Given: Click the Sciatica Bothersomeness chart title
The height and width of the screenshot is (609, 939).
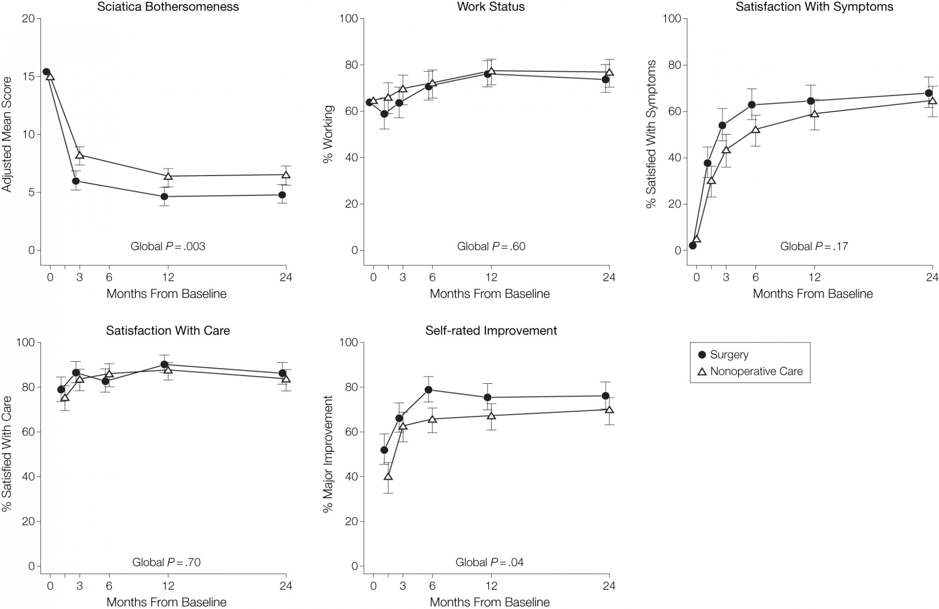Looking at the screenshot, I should [x=168, y=7].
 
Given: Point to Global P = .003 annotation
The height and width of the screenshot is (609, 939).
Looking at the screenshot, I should [x=168, y=246].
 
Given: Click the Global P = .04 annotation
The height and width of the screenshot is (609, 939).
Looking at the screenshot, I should [x=489, y=562].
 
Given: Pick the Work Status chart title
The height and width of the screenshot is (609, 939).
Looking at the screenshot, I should [x=491, y=7].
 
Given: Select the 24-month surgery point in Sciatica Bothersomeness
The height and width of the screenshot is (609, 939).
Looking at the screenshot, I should [x=282, y=195].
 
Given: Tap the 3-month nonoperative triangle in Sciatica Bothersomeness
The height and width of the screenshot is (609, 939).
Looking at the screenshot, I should [x=80, y=155].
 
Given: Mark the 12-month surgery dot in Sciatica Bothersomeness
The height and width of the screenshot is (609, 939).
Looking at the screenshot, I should [x=164, y=197].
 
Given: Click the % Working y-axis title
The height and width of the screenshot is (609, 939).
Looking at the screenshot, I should [x=329, y=134].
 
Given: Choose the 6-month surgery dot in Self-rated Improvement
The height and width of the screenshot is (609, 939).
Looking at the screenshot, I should [x=428, y=389].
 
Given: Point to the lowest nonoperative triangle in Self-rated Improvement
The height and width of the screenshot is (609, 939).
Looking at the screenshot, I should [x=388, y=477].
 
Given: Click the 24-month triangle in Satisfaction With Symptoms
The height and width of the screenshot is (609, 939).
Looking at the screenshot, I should [x=932, y=100].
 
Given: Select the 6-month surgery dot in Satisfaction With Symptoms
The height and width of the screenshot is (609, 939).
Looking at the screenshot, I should [x=752, y=105].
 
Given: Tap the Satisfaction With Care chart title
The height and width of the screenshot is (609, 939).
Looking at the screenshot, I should [x=168, y=331].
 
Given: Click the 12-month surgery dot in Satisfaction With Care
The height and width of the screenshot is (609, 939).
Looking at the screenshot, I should [x=164, y=365].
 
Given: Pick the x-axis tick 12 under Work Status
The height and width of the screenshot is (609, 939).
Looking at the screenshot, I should [x=491, y=277].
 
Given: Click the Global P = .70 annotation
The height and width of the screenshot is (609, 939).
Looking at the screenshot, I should [x=166, y=562].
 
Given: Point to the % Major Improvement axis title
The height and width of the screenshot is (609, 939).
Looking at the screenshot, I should [x=329, y=454].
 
